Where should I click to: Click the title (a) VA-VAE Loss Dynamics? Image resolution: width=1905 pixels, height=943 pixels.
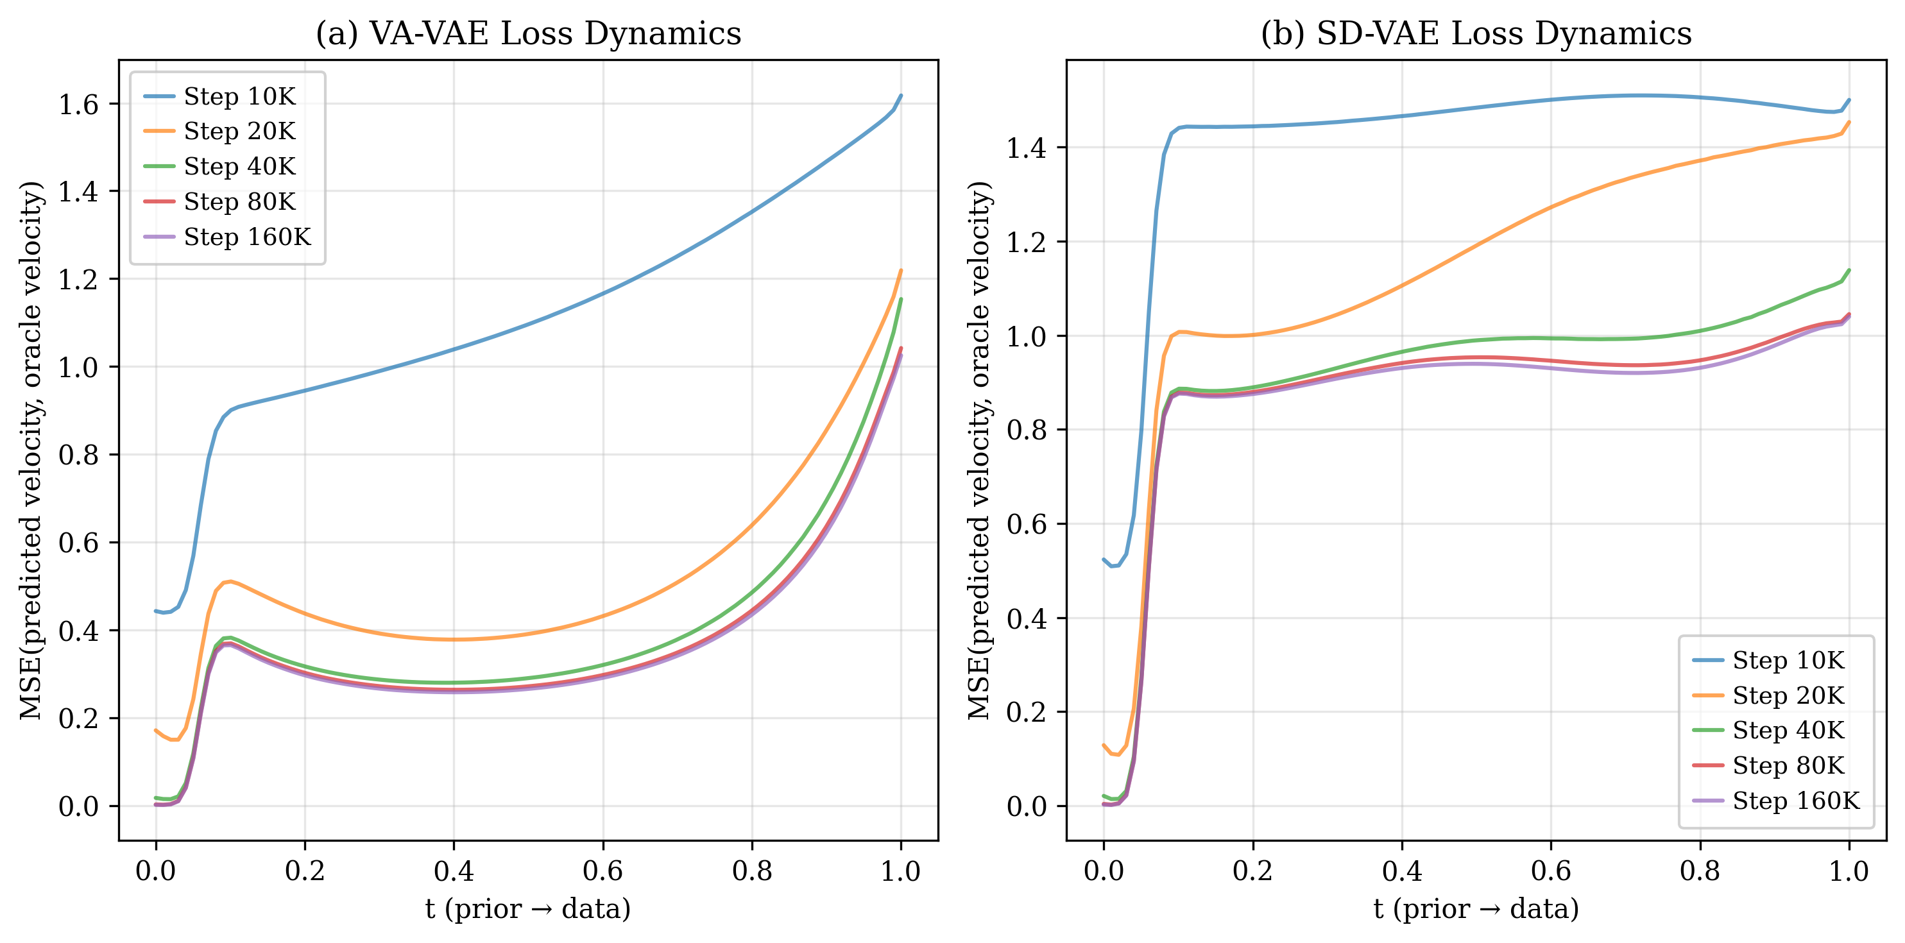coord(528,34)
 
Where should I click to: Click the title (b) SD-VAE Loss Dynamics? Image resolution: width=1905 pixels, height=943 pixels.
coord(1476,34)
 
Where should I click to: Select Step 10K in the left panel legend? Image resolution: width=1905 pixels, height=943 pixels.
coord(239,96)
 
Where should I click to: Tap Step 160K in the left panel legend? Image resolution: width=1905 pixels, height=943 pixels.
coord(247,237)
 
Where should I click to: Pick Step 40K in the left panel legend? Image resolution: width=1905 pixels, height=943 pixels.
coord(239,166)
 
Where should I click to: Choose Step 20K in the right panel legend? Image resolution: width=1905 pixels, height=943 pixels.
coord(1788,695)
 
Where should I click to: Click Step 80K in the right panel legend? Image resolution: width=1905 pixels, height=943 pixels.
coord(1788,765)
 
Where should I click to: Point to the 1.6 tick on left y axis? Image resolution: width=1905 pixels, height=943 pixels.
coord(78,105)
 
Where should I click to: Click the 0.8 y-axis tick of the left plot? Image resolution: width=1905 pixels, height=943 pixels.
coord(78,455)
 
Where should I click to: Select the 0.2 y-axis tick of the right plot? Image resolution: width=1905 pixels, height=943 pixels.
coord(1026,712)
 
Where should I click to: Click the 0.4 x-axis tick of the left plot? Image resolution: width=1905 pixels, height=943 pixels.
coord(454,871)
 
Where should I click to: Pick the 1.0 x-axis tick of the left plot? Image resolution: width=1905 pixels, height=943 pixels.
coord(900,871)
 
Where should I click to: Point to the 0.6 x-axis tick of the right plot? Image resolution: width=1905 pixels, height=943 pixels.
coord(1550,871)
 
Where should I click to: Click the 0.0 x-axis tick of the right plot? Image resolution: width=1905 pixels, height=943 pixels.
coord(1104,871)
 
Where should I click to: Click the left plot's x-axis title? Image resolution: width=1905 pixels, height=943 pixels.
coord(528,908)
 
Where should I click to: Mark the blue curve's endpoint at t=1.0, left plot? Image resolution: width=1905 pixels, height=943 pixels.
coord(900,96)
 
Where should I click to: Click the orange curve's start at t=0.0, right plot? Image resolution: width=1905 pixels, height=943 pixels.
coord(1104,745)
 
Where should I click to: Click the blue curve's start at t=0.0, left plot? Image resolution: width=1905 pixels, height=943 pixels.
coord(156,611)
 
